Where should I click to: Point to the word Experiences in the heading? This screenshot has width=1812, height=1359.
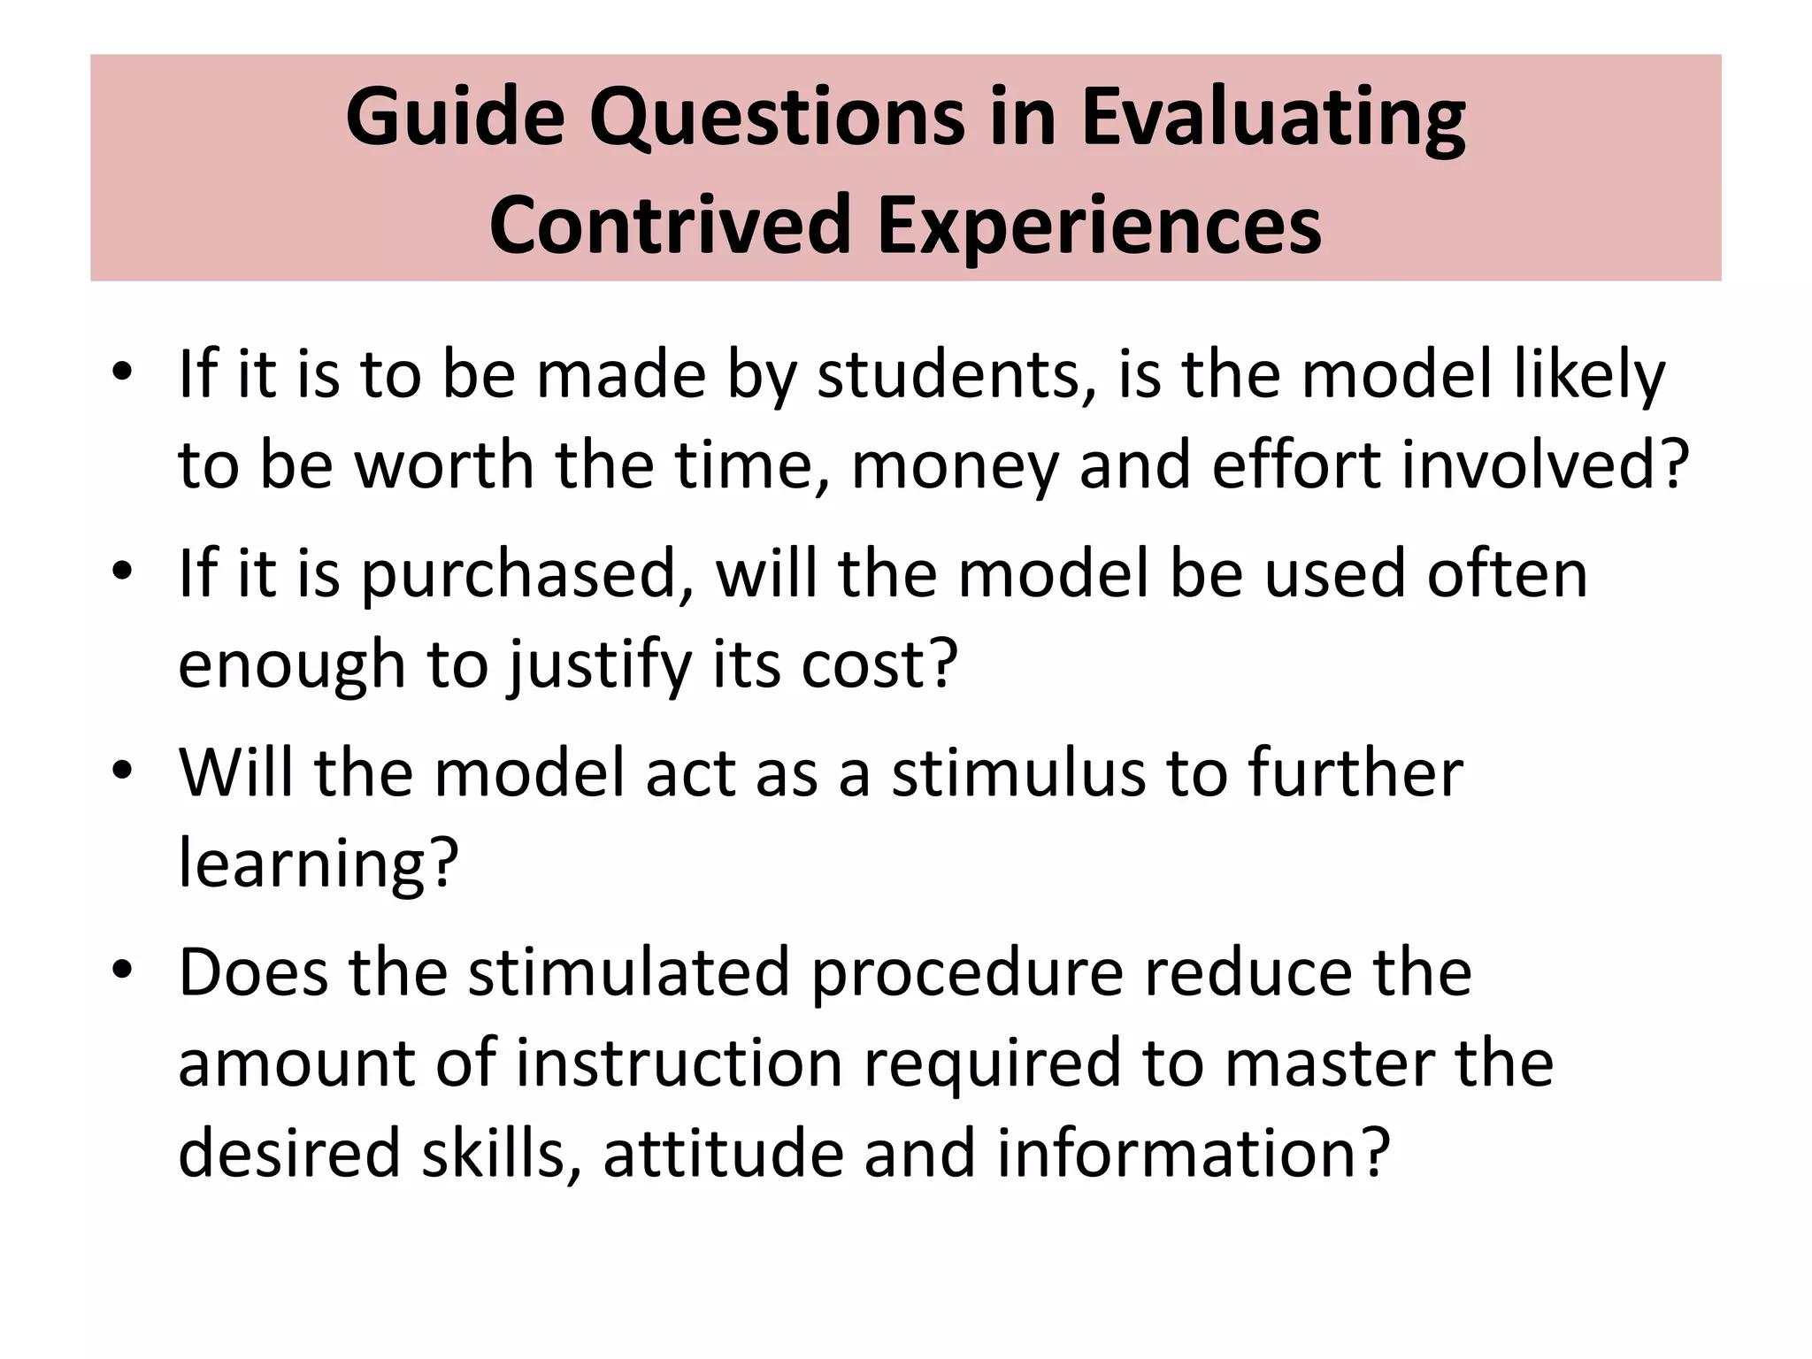coord(1100,226)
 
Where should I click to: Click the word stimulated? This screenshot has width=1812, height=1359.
coord(628,973)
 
